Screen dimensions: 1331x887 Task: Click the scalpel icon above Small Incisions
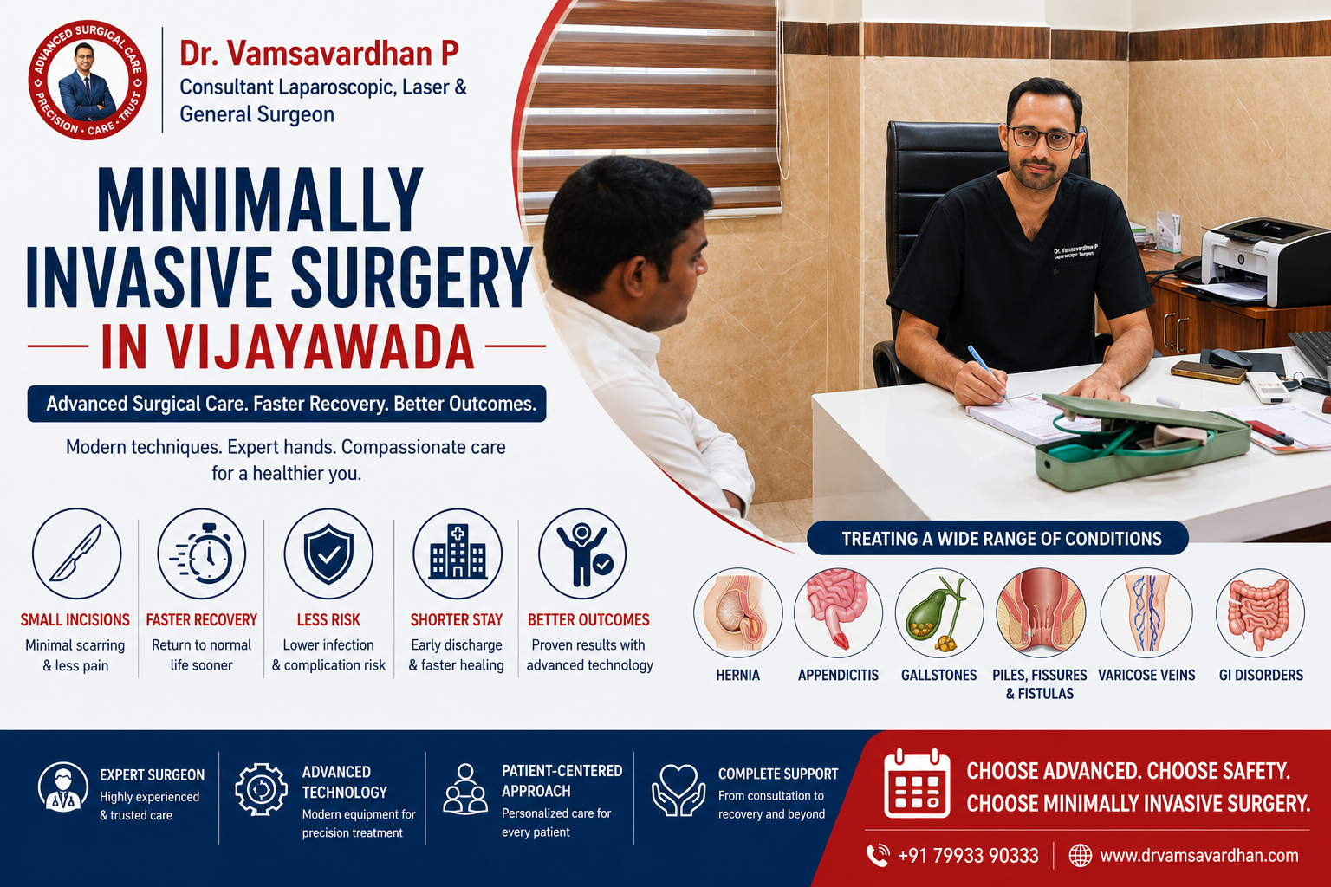coord(76,554)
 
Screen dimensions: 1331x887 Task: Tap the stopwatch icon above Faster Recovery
coord(201,554)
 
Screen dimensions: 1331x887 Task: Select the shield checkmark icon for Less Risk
coord(328,554)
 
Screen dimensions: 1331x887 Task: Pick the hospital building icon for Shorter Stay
coord(458,554)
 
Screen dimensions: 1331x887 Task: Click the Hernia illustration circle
coord(738,612)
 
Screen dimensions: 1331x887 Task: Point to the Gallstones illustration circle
coord(939,612)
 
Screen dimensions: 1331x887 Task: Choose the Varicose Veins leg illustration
coord(1146,612)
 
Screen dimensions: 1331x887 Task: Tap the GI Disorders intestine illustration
coord(1260,612)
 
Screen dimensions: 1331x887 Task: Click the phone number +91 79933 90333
coord(968,856)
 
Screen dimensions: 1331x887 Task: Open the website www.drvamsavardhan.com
coord(1199,856)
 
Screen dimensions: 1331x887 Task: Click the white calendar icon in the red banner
coord(916,783)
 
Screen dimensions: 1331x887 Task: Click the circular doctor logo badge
coord(88,81)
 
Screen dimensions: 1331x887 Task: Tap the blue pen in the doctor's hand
coord(988,373)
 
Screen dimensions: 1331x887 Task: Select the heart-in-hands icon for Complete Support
coord(678,790)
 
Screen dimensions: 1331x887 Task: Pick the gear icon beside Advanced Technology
coord(261,789)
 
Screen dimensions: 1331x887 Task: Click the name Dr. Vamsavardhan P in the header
coord(319,54)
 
